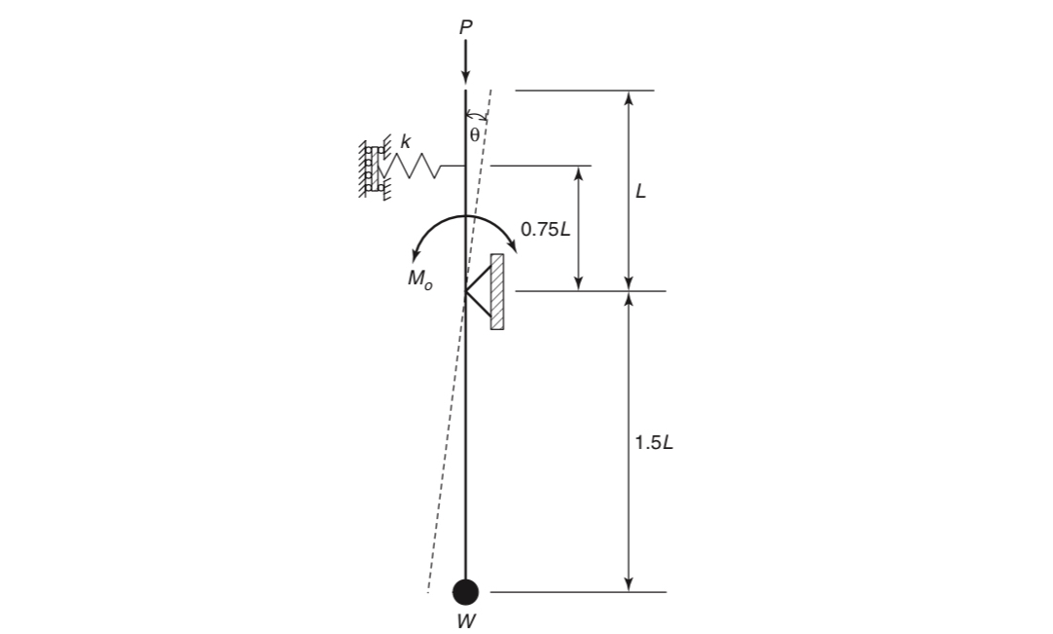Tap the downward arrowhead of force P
(x=465, y=76)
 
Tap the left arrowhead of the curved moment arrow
(x=415, y=257)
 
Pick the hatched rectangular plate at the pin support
(x=497, y=291)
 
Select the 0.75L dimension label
(x=546, y=230)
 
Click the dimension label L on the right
(x=640, y=192)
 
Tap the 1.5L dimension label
(x=653, y=443)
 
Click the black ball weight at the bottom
(x=466, y=591)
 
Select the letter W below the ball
(x=466, y=620)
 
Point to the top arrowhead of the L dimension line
(x=629, y=97)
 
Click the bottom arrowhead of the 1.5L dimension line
(x=629, y=584)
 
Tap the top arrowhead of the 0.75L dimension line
(x=579, y=173)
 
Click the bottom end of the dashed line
(x=428, y=591)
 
